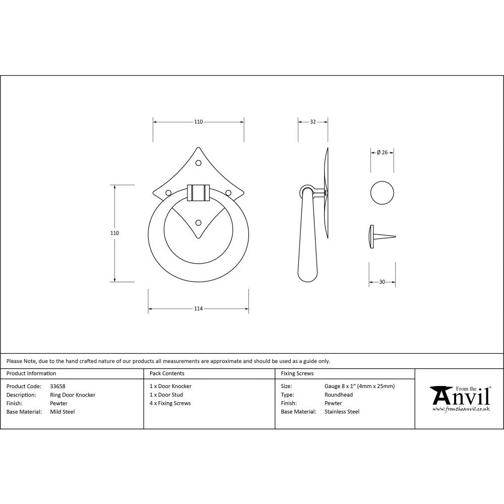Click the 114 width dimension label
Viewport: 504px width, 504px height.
(x=198, y=308)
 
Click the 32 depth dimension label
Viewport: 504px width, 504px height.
(x=312, y=121)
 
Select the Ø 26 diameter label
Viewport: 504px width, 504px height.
(x=382, y=153)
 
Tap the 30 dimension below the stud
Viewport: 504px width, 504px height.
(x=382, y=282)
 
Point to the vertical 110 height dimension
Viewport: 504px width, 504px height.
(x=114, y=233)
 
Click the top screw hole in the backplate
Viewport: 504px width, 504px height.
(x=198, y=162)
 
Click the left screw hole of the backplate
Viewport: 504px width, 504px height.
(x=168, y=192)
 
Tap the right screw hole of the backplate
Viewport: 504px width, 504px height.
(x=228, y=192)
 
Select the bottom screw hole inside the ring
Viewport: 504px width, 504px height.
(x=198, y=222)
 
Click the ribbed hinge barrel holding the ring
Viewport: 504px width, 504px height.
(x=198, y=193)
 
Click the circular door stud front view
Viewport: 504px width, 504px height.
(x=382, y=193)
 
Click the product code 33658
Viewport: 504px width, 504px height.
(x=58, y=386)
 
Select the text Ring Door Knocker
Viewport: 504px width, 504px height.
(x=73, y=395)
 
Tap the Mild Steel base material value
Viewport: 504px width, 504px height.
(x=62, y=412)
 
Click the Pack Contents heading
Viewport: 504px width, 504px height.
(x=167, y=373)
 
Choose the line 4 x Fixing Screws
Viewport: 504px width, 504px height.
(x=170, y=403)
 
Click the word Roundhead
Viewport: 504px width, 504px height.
(x=337, y=395)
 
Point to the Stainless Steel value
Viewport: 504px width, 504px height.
(x=342, y=412)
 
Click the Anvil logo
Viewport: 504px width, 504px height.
(x=460, y=398)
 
